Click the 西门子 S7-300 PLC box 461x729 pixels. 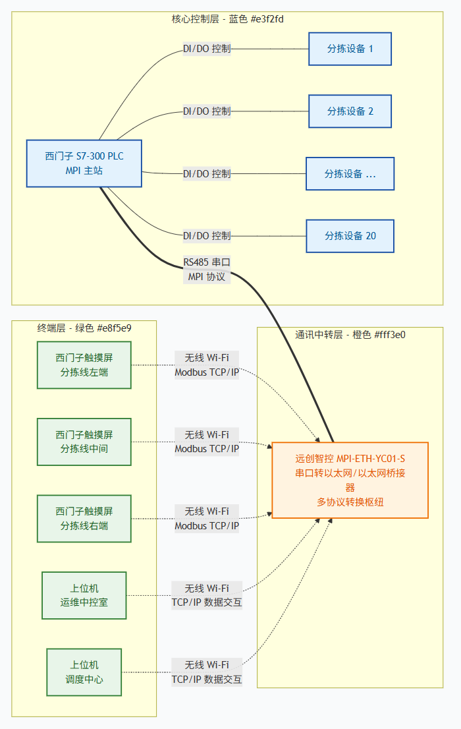84,163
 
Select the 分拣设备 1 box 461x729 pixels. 350,49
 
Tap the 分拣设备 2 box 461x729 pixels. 350,111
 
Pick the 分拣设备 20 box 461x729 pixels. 350,236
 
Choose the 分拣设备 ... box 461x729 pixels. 350,174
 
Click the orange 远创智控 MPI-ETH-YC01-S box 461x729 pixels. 350,480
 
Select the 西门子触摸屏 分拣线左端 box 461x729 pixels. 84,365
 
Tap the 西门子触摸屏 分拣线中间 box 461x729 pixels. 84,442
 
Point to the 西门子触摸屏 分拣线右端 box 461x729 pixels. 84,519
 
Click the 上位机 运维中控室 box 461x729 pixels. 84,595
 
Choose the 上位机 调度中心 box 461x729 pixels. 84,672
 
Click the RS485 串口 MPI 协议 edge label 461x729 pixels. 207,270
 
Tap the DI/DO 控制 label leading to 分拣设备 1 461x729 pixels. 207,49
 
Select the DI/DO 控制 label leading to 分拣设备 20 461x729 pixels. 207,236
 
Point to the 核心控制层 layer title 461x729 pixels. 228,19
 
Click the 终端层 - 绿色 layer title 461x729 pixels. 84,328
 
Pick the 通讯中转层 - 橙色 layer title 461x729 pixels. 350,334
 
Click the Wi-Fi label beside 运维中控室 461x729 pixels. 207,588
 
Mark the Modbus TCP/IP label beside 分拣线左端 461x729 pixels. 207,372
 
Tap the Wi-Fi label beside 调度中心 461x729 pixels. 207,664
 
